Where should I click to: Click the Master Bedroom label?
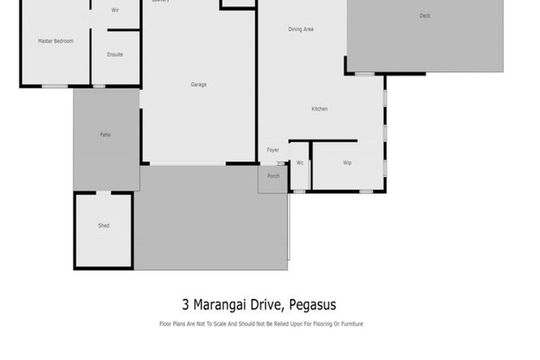[x=55, y=41]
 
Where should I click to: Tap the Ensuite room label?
[x=115, y=55]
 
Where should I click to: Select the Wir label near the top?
[x=116, y=11]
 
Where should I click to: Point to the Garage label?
[x=198, y=84]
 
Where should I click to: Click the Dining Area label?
[x=301, y=30]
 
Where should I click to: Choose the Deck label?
[x=425, y=15]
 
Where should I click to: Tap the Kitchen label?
[x=320, y=109]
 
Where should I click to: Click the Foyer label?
[x=273, y=150]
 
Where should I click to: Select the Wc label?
[x=300, y=163]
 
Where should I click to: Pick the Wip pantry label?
[x=347, y=163]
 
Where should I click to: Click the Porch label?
[x=274, y=176]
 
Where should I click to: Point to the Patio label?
[x=105, y=135]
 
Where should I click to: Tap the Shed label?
[x=103, y=226]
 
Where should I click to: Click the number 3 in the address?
[x=186, y=304]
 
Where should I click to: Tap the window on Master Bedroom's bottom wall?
[x=55, y=86]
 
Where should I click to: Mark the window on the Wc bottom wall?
[x=300, y=191]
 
